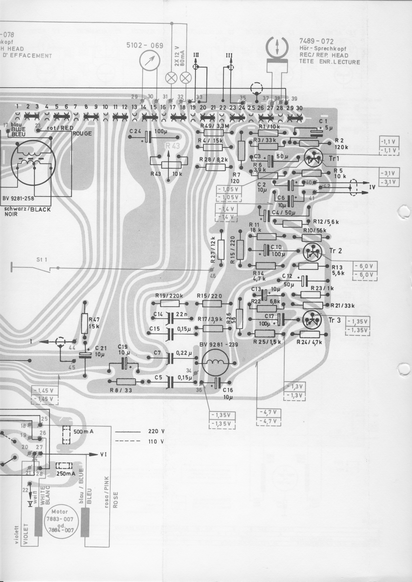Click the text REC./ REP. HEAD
(x=324, y=55)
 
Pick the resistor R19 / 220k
(x=170, y=303)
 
